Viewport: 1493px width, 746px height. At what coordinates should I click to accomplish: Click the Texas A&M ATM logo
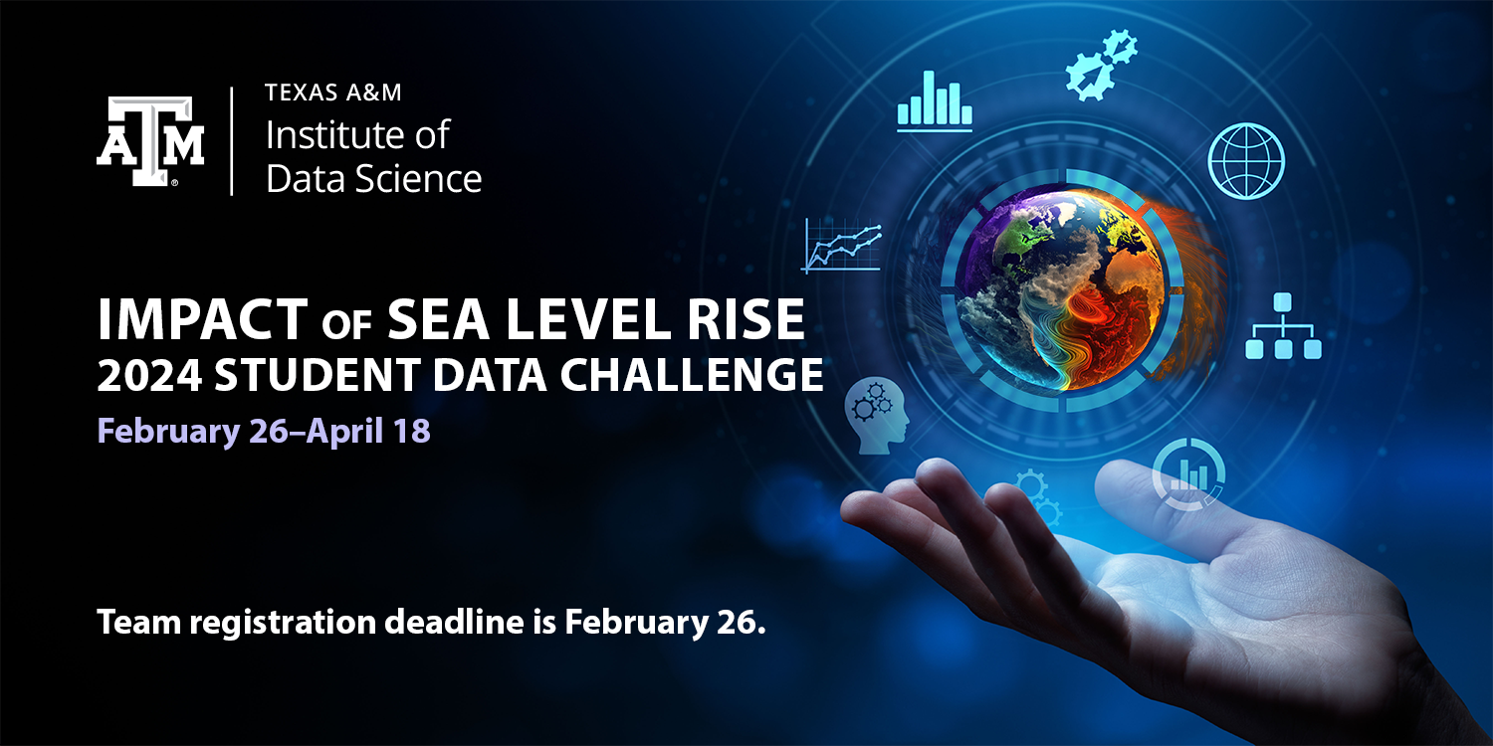pos(150,141)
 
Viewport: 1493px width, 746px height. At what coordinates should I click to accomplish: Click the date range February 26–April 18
pos(264,432)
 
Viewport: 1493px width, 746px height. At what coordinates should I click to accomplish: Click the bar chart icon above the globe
pos(934,100)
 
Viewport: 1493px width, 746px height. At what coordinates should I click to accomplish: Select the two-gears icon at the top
pos(1100,66)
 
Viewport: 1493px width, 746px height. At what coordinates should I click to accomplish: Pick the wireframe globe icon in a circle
pos(1246,160)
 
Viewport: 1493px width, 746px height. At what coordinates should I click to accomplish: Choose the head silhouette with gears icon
pos(878,419)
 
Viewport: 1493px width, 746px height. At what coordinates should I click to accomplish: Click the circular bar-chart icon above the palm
pos(1188,474)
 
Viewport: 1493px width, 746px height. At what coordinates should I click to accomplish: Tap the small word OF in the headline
pos(347,324)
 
